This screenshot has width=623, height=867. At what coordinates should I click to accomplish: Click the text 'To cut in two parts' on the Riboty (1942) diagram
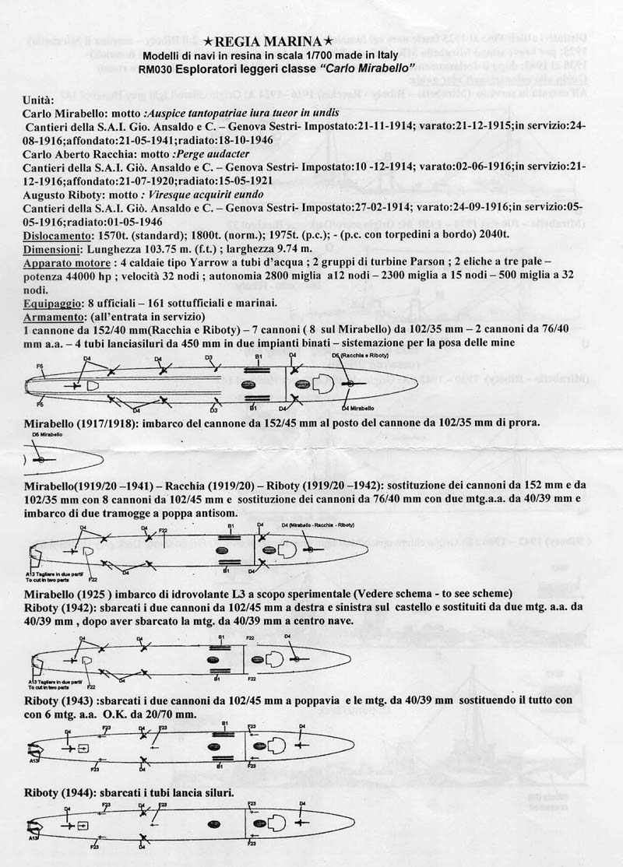tap(49, 690)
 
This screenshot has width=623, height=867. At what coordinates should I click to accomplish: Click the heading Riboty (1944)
tap(62, 792)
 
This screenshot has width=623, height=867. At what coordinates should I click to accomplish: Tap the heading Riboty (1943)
tap(62, 701)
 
